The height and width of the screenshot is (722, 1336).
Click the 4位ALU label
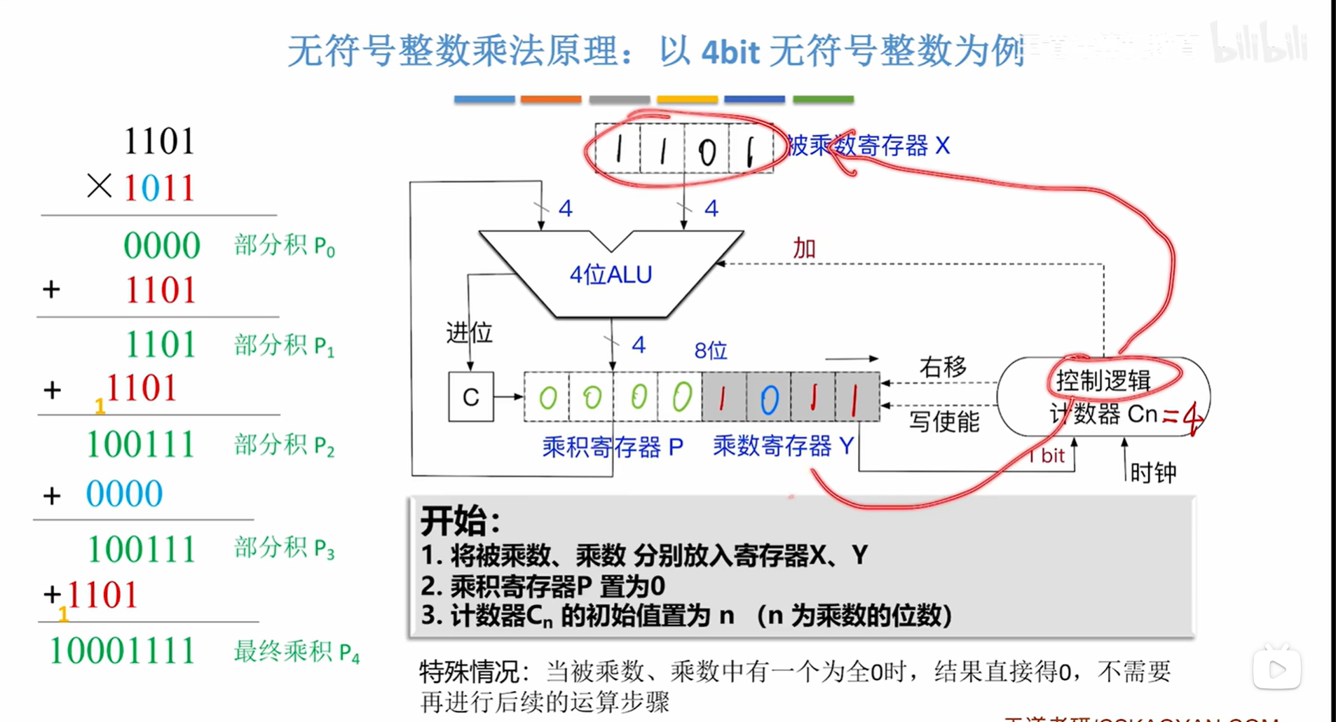[611, 275]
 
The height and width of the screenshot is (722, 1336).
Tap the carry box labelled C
[470, 397]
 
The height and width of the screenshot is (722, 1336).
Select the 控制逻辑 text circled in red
[1103, 380]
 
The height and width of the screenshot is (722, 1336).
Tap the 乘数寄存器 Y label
[783, 445]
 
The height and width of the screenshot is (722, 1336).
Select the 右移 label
[943, 367]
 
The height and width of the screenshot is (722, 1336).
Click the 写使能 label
[943, 422]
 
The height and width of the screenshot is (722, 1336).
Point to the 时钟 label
[1153, 473]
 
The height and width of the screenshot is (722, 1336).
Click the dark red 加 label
[804, 248]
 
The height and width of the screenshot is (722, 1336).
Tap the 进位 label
[470, 333]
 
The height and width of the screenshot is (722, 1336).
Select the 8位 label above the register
[711, 350]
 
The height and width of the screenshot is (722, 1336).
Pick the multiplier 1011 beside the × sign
[159, 188]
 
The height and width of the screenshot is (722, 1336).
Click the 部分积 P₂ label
[284, 445]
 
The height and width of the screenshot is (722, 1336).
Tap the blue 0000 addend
[124, 494]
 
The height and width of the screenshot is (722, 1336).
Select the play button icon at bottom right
[1277, 669]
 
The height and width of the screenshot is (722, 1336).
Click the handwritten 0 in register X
[707, 151]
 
